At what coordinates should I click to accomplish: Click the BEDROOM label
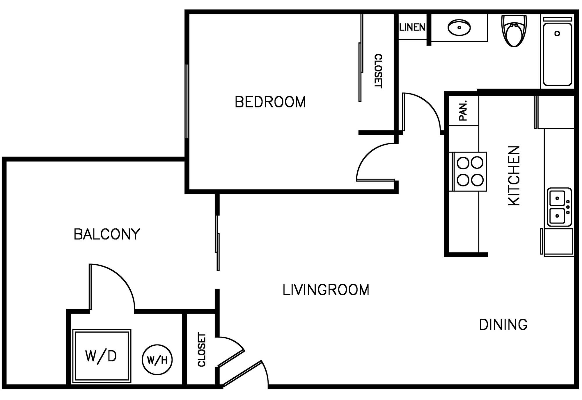(270, 102)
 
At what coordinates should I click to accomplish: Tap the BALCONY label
(107, 234)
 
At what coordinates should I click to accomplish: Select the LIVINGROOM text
(326, 290)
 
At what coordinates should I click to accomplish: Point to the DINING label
(503, 325)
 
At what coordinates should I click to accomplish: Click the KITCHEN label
(514, 176)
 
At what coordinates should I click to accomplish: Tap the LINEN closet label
(412, 28)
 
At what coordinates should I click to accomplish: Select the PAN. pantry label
(463, 111)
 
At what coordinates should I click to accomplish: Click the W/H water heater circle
(157, 360)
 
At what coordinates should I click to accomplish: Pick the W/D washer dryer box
(102, 356)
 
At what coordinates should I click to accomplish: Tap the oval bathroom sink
(459, 28)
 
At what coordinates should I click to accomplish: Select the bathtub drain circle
(557, 34)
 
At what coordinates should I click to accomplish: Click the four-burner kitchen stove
(470, 171)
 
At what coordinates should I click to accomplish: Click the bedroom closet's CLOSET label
(378, 71)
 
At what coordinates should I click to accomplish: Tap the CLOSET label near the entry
(202, 350)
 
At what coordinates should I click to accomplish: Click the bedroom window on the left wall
(187, 101)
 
